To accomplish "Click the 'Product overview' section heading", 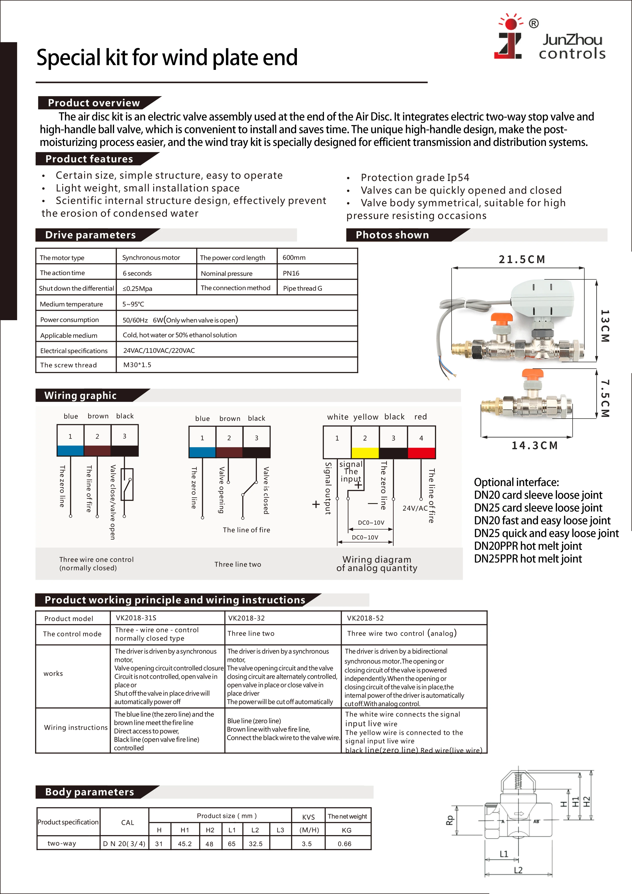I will click(x=94, y=103).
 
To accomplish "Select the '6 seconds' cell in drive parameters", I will click(x=137, y=273).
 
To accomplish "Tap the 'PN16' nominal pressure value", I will click(x=291, y=273).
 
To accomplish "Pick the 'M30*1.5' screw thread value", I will click(x=137, y=365).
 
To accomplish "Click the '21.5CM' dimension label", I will click(x=522, y=259).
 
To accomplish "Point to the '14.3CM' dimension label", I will click(x=534, y=445).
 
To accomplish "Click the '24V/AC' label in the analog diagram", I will click(x=415, y=508).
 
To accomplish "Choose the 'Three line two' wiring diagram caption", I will click(x=238, y=564).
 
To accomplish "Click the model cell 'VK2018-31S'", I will click(x=136, y=618).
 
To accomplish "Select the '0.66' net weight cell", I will click(x=344, y=844).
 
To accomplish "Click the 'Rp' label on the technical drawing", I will click(x=450, y=820).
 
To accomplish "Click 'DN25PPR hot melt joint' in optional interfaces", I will click(x=528, y=559).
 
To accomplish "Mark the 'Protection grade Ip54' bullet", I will click(x=415, y=178).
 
